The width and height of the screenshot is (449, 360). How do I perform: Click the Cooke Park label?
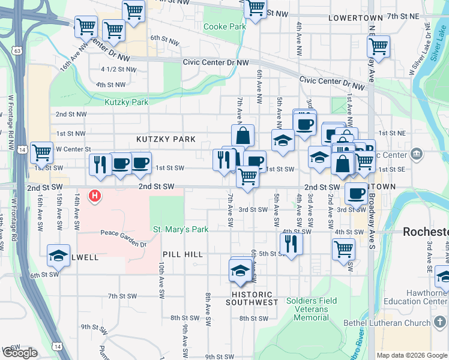[224, 26]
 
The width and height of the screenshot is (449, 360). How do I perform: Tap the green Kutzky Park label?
[126, 102]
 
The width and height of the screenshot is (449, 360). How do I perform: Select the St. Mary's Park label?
[180, 229]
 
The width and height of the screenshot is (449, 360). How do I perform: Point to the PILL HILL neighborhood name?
[182, 254]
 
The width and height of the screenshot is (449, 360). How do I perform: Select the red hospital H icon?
[94, 195]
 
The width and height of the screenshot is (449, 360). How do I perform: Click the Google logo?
[20, 353]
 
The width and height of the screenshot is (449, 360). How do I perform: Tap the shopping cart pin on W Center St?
[41, 153]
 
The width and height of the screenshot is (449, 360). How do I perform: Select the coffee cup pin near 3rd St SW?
[357, 193]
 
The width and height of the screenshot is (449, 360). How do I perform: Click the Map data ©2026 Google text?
[412, 355]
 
